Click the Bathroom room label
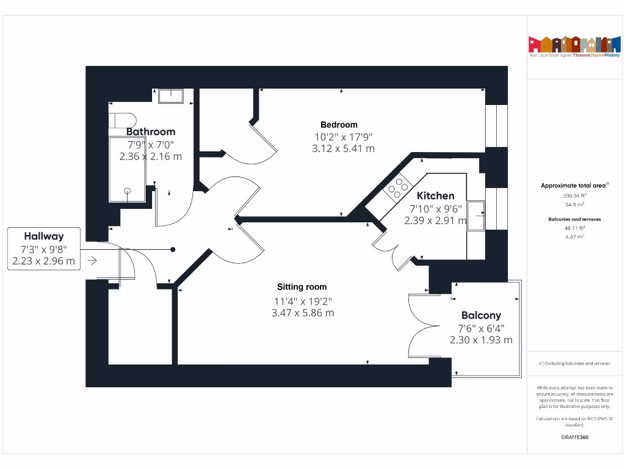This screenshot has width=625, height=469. (151, 131)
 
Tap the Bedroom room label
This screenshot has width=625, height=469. (339, 125)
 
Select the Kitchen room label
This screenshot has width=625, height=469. (435, 196)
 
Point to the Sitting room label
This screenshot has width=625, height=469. (302, 286)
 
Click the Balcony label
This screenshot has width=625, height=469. (481, 315)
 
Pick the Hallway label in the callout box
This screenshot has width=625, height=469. (44, 236)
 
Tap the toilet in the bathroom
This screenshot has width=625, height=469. (123, 119)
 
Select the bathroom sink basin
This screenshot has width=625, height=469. (171, 96)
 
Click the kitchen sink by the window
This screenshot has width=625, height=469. (477, 216)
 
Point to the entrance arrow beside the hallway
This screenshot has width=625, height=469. (92, 261)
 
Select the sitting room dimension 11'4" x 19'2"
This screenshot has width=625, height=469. (303, 300)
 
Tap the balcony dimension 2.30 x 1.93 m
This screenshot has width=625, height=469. (481, 340)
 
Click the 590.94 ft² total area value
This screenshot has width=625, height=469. (574, 196)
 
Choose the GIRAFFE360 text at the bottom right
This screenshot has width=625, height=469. (574, 437)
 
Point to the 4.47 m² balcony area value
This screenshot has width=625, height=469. (574, 236)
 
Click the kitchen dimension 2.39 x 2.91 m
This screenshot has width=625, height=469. (435, 220)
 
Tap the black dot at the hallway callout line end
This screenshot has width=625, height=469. (173, 249)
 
